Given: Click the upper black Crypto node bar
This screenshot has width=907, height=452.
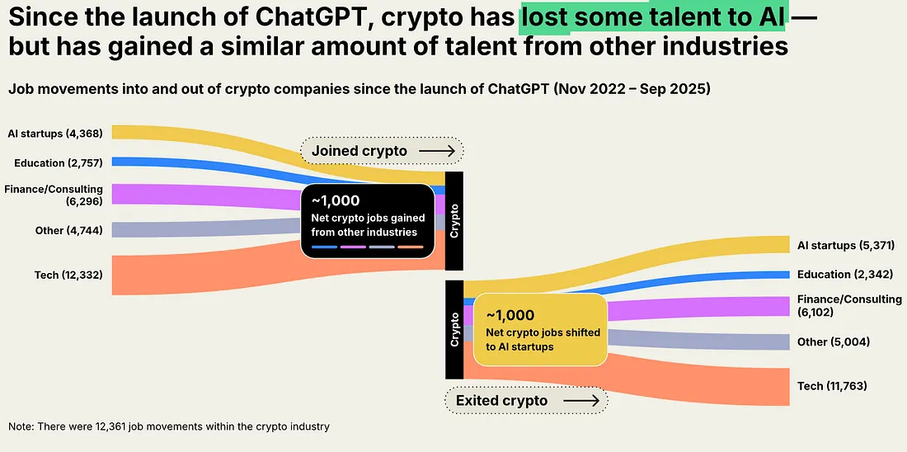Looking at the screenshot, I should pyautogui.click(x=453, y=220).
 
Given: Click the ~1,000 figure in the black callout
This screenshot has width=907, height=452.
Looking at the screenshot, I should pyautogui.click(x=336, y=200).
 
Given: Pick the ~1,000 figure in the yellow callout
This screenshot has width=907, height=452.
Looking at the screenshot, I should pyautogui.click(x=510, y=315).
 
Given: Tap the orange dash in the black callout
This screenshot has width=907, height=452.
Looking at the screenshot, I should pyautogui.click(x=410, y=247).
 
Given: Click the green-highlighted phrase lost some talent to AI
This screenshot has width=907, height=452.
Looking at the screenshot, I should pyautogui.click(x=652, y=16).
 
